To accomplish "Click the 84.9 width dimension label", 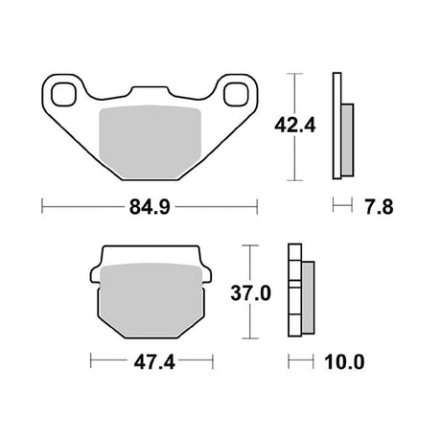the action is point(150,207).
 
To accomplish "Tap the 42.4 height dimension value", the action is point(295,126).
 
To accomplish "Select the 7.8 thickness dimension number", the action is point(379,207).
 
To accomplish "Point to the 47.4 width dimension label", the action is point(154,362).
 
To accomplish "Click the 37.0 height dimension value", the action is point(251,293).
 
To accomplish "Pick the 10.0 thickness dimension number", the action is point(344,362).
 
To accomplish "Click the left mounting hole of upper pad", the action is point(64,94).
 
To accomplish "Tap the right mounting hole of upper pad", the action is point(236,94).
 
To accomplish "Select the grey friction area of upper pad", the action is point(151,142).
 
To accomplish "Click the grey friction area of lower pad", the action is point(151,300).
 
